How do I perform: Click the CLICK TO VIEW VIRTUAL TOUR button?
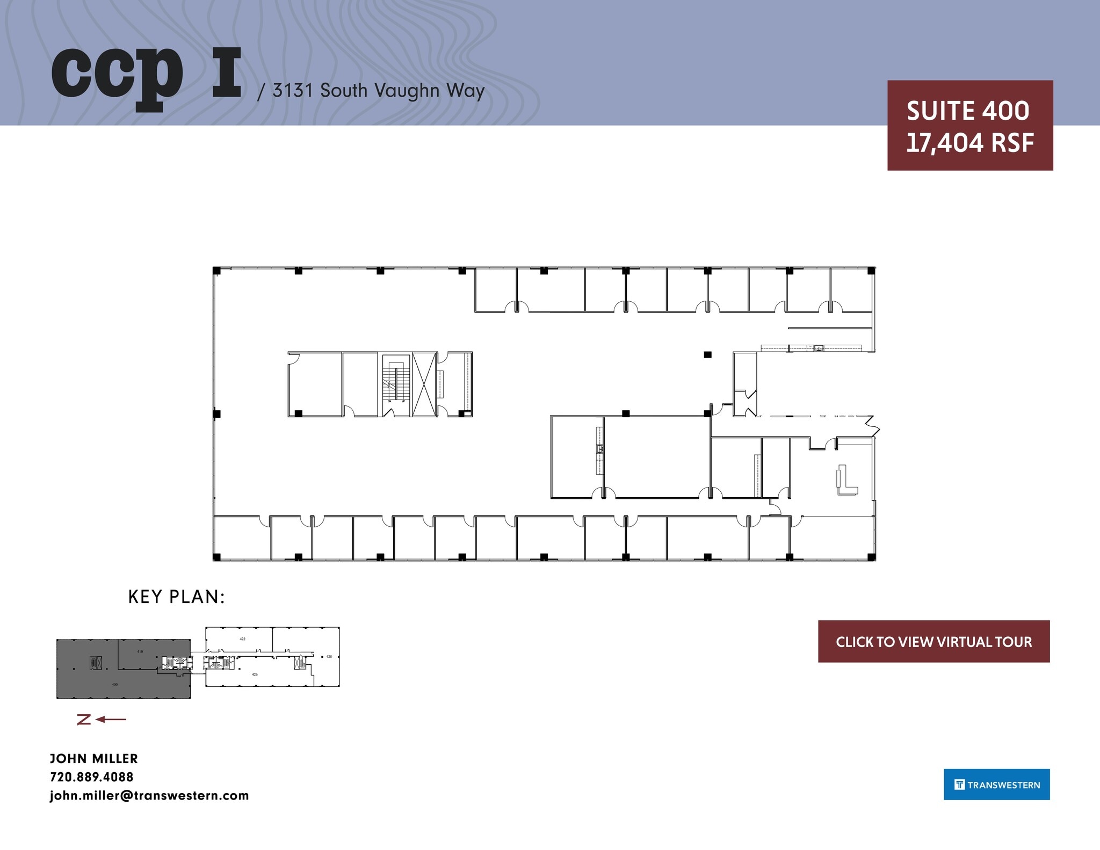click(x=933, y=642)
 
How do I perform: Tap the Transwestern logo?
click(x=996, y=784)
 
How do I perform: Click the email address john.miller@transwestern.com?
click(x=149, y=795)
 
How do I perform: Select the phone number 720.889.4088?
click(x=91, y=777)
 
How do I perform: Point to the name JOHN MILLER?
click(x=94, y=759)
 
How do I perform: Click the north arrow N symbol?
click(x=84, y=720)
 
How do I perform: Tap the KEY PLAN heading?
click(x=176, y=597)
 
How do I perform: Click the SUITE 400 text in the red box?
click(x=968, y=111)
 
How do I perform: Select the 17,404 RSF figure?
click(x=969, y=143)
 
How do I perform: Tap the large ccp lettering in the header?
click(x=117, y=75)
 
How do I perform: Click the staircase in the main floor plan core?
click(x=395, y=383)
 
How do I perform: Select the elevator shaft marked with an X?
click(x=424, y=383)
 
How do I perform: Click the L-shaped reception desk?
click(x=845, y=481)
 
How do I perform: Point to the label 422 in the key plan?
click(x=242, y=639)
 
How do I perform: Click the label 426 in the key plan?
click(x=255, y=674)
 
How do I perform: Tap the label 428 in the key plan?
click(x=329, y=657)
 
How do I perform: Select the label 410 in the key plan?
click(x=140, y=651)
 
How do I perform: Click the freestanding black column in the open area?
click(x=707, y=354)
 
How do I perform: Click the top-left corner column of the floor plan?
click(x=216, y=271)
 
